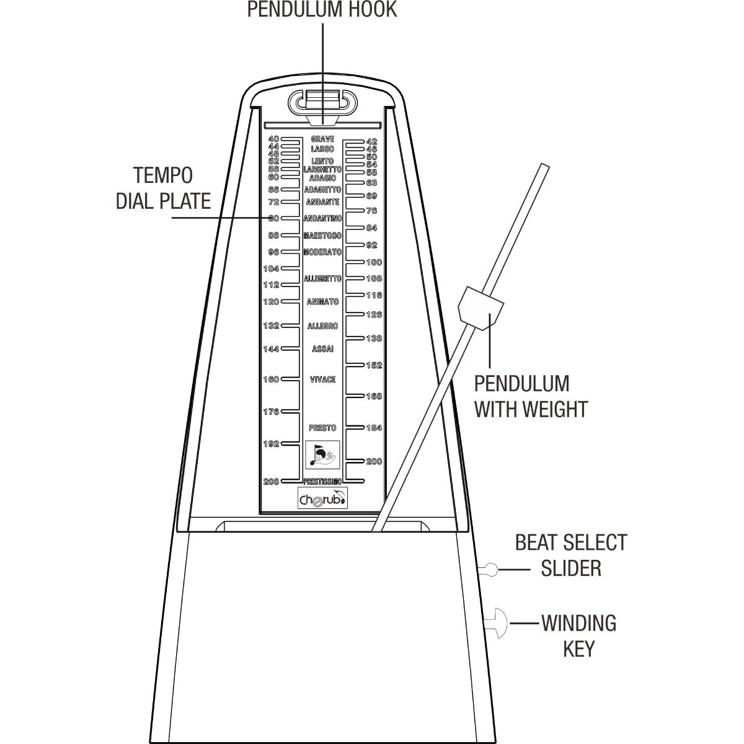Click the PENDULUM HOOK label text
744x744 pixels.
322,10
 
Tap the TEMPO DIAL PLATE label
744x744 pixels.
164,188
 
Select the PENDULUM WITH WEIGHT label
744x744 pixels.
531,397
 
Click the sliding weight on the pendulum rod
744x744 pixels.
480,308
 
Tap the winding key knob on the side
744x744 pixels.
497,624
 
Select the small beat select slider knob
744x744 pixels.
489,570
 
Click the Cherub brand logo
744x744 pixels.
323,498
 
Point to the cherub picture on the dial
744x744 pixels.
322,455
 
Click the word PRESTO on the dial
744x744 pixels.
322,428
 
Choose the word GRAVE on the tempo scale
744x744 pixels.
322,139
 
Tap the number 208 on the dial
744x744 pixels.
271,482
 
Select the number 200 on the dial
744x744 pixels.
374,461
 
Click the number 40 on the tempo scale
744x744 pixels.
274,139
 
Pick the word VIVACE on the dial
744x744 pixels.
322,379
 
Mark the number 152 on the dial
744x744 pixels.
374,365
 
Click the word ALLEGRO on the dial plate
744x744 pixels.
322,326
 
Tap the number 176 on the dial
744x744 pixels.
271,412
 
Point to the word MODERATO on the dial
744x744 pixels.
322,252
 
